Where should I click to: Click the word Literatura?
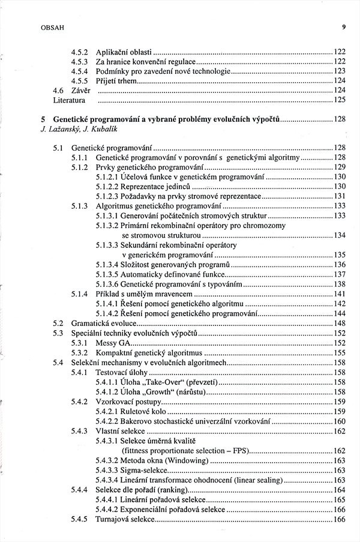coord(69,100)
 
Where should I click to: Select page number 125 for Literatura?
coord(339,100)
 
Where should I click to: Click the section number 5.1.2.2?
coord(107,186)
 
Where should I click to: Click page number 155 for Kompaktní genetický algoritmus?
coord(339,352)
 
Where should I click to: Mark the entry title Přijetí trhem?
coord(116,80)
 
